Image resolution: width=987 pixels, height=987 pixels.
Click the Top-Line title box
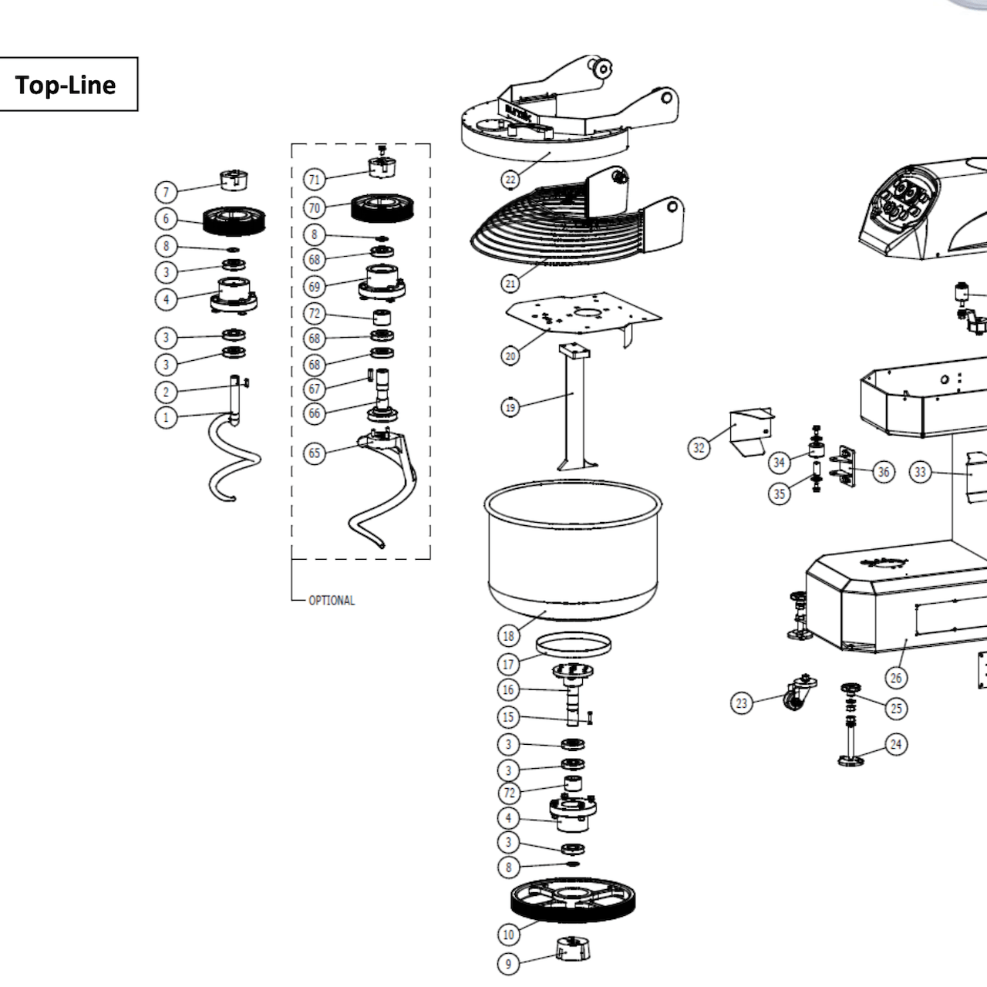68,84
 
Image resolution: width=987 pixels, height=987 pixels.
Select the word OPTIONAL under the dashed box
332,601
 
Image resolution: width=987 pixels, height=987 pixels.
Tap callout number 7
166,191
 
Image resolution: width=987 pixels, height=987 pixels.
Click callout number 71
314,180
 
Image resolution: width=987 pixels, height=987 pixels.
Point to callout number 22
510,180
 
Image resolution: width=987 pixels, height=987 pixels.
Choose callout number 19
510,406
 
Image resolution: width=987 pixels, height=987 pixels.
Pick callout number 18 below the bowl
508,636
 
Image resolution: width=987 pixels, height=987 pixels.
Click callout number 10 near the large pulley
508,935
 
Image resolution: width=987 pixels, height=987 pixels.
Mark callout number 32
699,447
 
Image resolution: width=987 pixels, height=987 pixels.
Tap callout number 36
884,471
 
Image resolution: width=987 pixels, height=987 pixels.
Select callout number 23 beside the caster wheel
742,702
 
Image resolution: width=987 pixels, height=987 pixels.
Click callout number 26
896,678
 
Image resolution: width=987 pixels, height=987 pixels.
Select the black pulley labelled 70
383,207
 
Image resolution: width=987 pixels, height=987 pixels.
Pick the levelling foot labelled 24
851,752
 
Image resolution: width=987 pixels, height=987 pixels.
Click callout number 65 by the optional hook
314,453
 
